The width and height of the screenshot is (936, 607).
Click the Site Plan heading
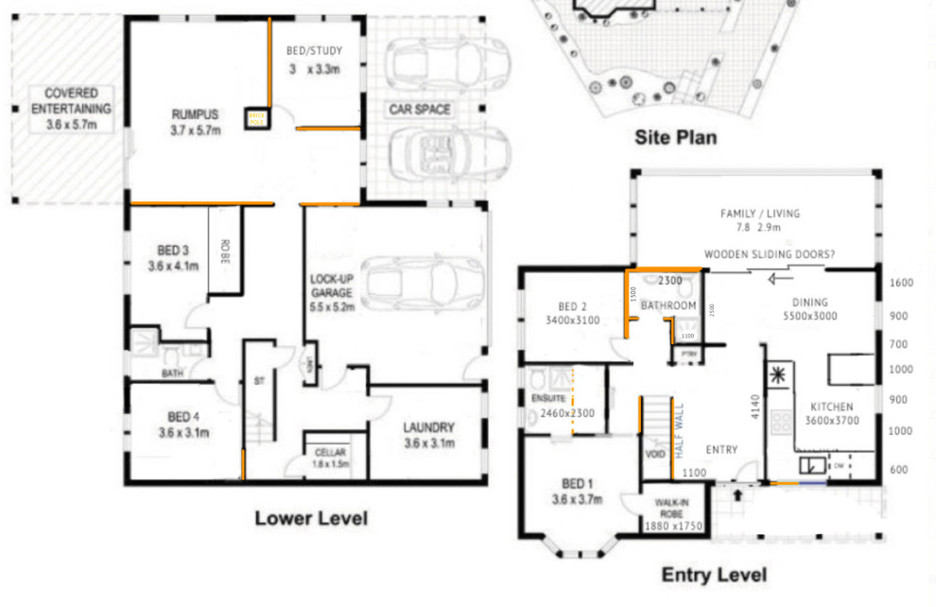[674, 138]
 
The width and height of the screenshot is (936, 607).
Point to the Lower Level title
[310, 518]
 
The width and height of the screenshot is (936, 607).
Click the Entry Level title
[714, 575]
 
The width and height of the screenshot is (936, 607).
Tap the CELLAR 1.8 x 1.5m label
[330, 459]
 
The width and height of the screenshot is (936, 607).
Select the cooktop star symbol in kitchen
[779, 375]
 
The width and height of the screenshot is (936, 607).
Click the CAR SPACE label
[420, 110]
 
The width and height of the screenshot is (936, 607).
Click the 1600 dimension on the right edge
[901, 283]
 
